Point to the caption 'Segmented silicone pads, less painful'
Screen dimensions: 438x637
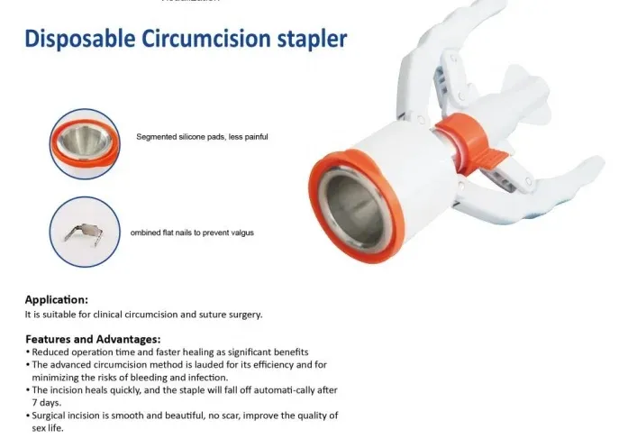[202, 137]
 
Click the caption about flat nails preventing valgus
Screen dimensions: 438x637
[192, 233]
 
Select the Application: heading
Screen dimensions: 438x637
[56, 299]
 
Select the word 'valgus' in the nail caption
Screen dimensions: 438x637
[240, 233]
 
